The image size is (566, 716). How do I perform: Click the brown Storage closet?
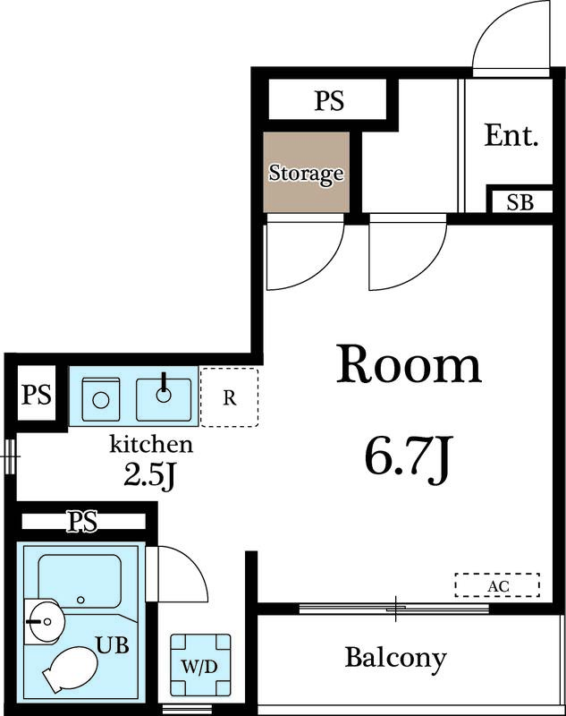pos(307,172)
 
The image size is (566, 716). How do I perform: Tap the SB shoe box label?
pos(520,202)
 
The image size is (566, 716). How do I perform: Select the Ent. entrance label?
pos(511,135)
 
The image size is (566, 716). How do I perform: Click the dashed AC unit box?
pos(497,585)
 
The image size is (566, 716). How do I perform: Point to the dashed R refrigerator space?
pos(230,397)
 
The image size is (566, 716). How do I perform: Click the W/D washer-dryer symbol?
pos(200,664)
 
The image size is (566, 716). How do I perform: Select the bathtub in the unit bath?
pos(80,581)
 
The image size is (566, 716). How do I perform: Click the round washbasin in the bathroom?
pos(45,621)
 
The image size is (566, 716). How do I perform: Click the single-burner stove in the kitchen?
pos(101,399)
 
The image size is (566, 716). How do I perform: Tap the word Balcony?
pos(395,659)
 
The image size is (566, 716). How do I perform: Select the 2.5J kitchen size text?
pos(149,476)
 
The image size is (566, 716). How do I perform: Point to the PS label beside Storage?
pos(329,100)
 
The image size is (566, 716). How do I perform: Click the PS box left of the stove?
pos(37,393)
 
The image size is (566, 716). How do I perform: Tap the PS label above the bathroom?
pos(82,521)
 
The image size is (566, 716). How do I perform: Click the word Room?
pos(409,364)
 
